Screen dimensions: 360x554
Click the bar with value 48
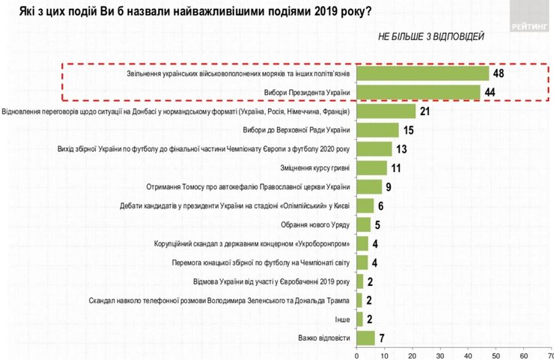tap(423, 74)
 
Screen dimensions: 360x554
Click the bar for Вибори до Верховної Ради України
tap(378, 129)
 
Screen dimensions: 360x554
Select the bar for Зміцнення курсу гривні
tap(372, 167)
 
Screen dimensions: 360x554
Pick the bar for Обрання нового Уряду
tap(364, 223)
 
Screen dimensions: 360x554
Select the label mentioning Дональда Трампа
tap(219, 299)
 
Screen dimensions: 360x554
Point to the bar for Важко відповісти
tap(366, 338)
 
